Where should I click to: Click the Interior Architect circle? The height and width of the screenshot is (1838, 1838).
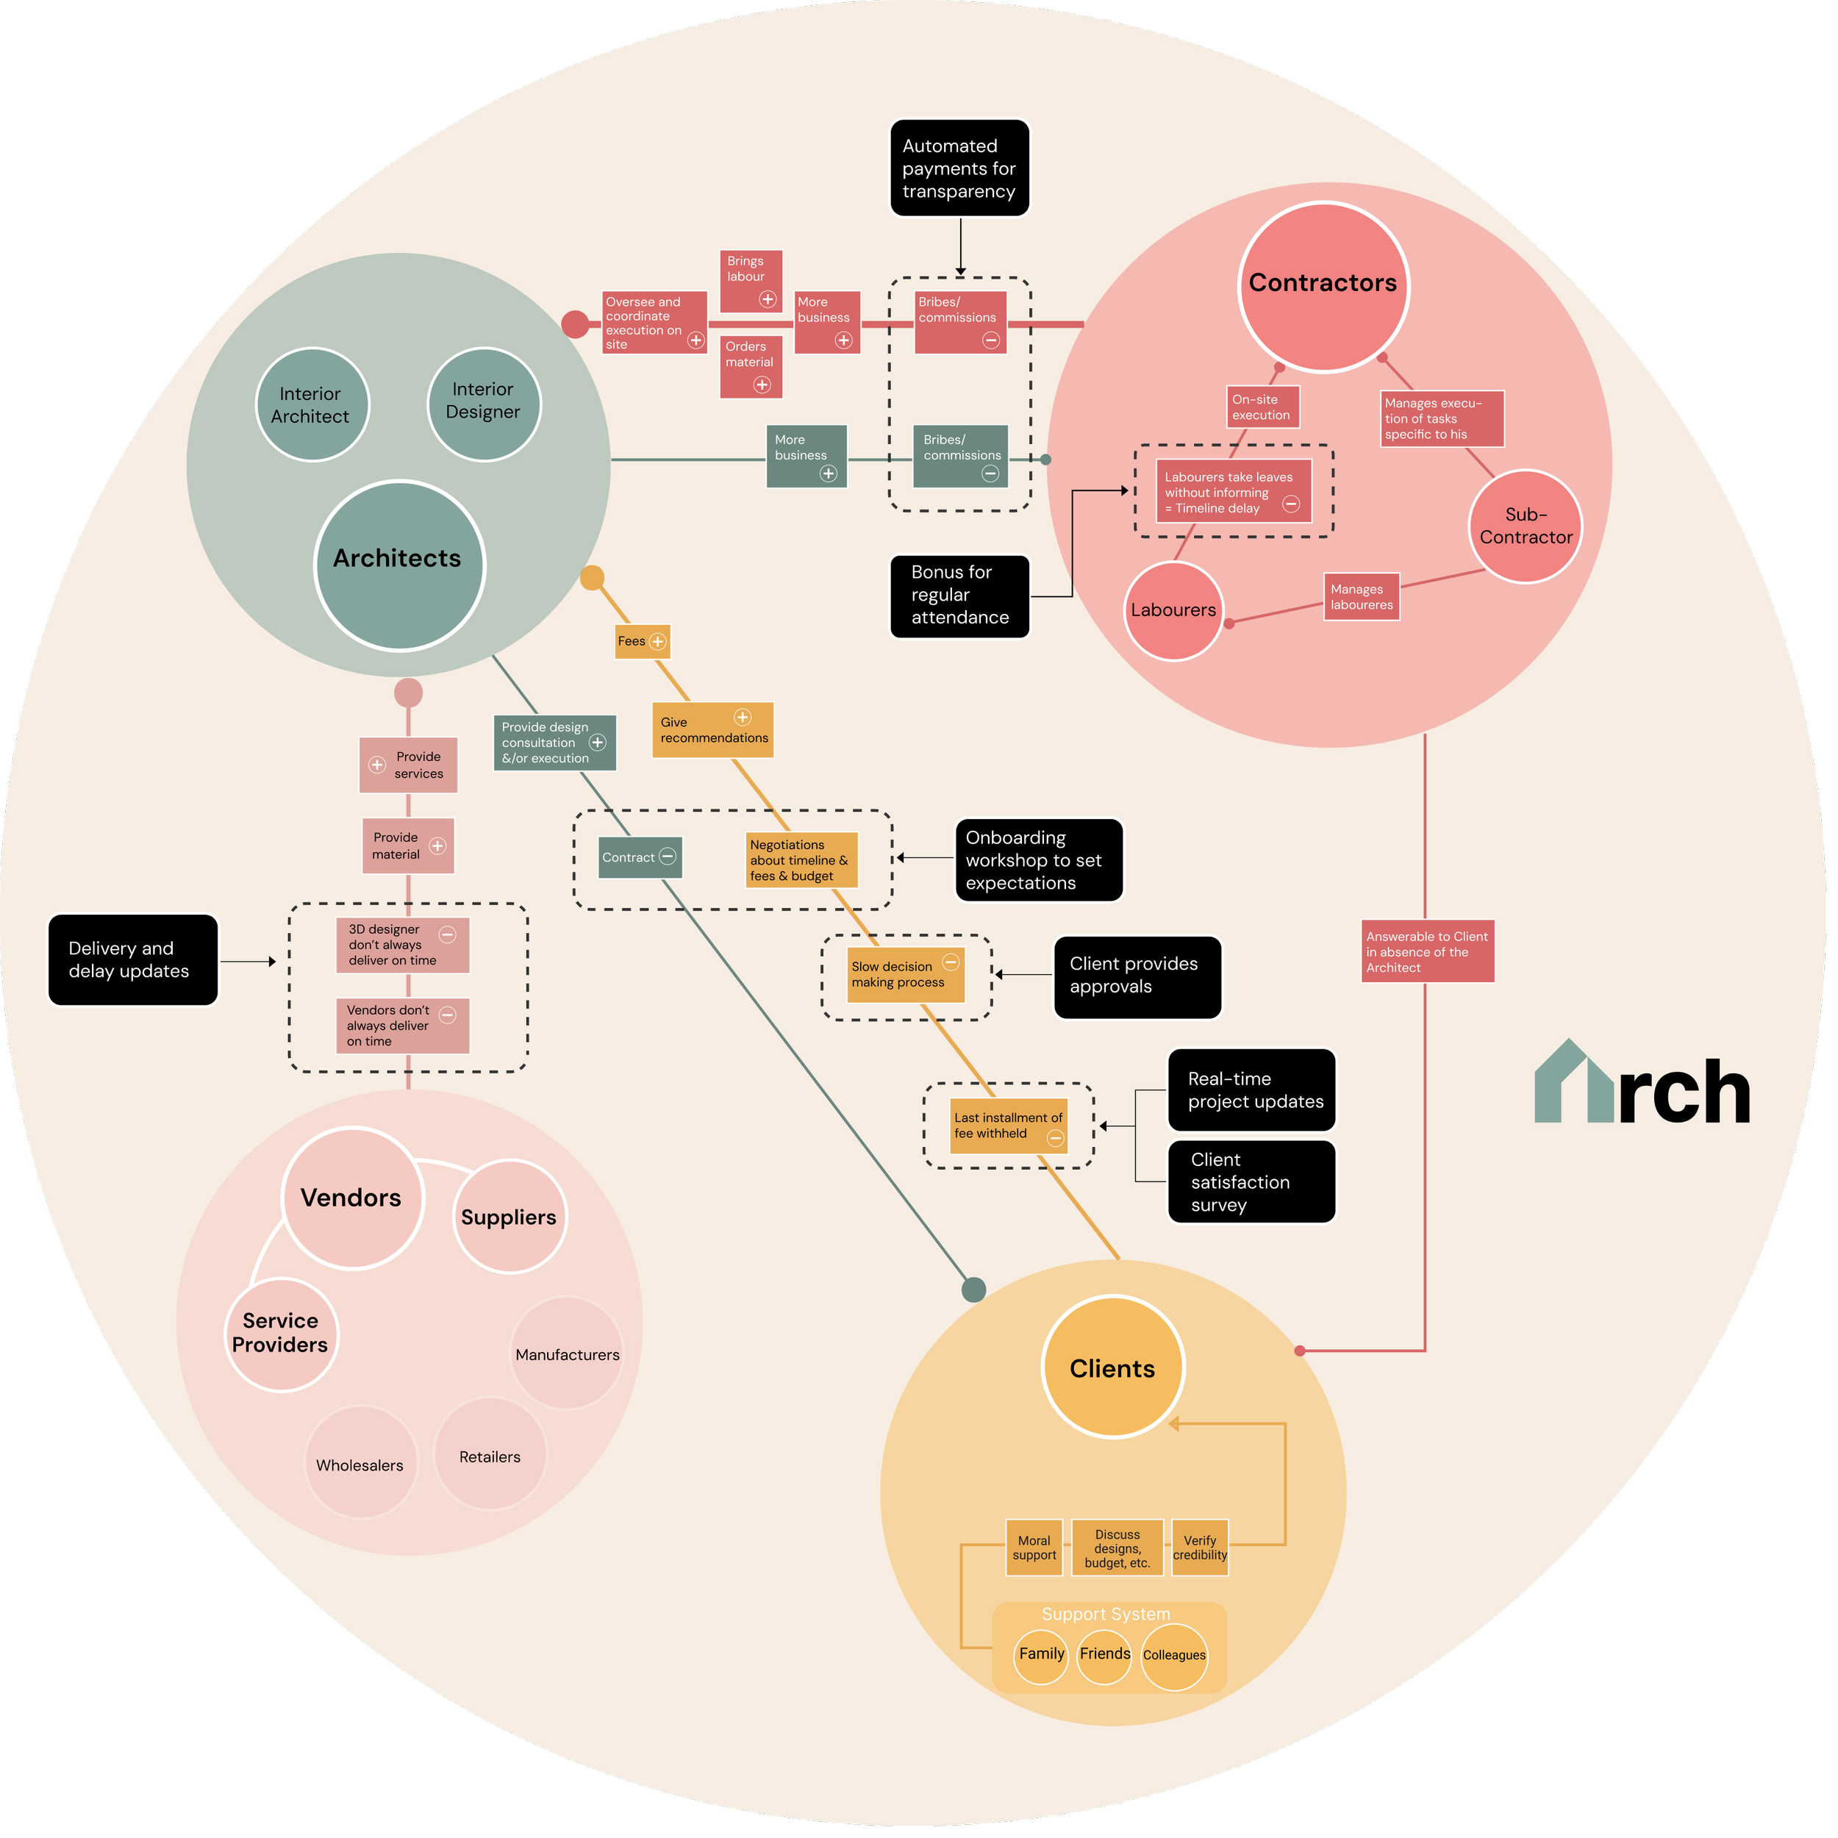point(312,404)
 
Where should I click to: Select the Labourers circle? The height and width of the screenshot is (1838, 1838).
point(1173,609)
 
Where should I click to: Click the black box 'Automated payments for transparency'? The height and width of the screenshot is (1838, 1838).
point(959,168)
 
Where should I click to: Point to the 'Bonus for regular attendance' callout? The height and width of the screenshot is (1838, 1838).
point(959,596)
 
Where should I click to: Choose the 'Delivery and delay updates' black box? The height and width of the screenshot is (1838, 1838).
point(132,960)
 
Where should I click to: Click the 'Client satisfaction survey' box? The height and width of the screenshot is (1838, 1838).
point(1251,1181)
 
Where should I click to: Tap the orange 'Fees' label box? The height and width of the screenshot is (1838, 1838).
point(642,641)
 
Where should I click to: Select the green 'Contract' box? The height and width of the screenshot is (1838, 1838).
point(640,857)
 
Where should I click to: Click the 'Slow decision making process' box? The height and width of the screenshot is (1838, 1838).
point(905,974)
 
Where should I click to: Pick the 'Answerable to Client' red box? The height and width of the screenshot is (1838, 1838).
point(1427,951)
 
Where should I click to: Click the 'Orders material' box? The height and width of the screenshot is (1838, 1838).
point(751,366)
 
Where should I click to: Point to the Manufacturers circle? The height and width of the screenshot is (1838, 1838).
point(567,1353)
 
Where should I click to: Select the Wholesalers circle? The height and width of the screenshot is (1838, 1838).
point(360,1463)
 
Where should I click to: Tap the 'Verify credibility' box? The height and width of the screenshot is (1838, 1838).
point(1200,1548)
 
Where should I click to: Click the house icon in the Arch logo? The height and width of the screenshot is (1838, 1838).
point(1573,1084)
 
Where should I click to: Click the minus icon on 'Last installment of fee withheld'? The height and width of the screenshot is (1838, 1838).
point(1055,1138)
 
